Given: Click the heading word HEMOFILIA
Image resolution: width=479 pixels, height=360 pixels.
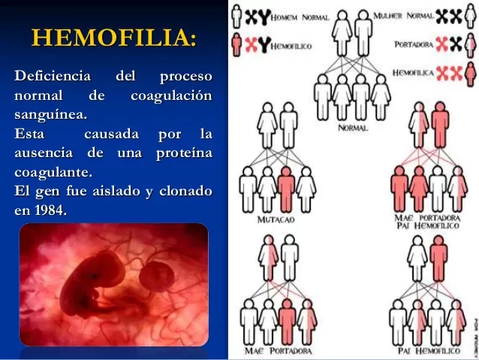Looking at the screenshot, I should (x=114, y=38).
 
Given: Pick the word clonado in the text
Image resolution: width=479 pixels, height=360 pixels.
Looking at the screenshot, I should (x=184, y=192).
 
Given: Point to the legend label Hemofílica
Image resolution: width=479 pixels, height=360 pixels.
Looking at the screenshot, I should (x=412, y=73).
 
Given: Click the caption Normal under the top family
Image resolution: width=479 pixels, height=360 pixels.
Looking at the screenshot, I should (x=352, y=129).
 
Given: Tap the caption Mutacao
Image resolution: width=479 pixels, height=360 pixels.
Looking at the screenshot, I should (x=275, y=220).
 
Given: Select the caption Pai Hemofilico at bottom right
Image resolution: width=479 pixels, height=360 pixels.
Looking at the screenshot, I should (x=428, y=351).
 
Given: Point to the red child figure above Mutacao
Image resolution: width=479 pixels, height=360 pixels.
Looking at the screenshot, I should (x=285, y=188).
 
